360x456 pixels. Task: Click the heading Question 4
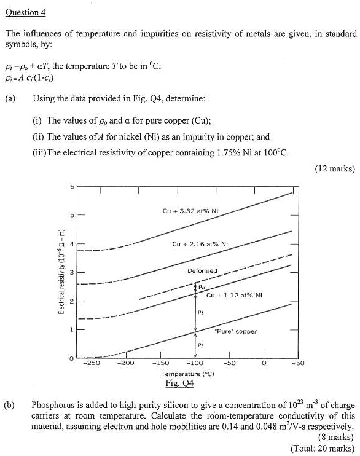pyautogui.click(x=25, y=12)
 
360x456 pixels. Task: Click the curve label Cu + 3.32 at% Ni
pyautogui.click(x=190, y=210)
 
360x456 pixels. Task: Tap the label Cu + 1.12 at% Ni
pyautogui.click(x=235, y=296)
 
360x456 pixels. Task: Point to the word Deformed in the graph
pyautogui.click(x=203, y=270)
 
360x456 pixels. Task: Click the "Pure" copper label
pyautogui.click(x=235, y=331)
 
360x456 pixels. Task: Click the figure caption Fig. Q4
pyautogui.click(x=183, y=383)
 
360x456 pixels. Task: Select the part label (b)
pyautogui.click(x=10, y=405)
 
